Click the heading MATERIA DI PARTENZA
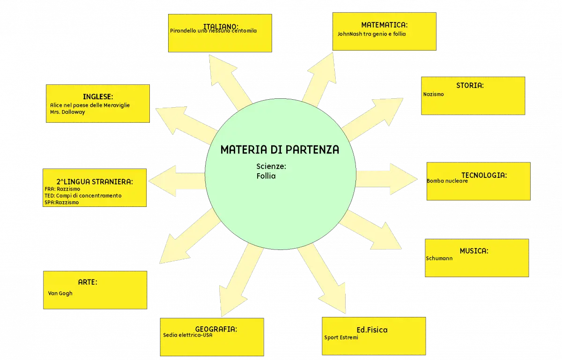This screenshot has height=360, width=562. [280, 150]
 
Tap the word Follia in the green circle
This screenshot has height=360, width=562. [266, 176]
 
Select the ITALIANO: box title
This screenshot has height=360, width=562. [221, 26]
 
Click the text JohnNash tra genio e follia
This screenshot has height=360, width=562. [371, 34]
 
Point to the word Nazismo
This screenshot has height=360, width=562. [434, 94]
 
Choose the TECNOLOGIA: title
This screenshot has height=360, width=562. [484, 175]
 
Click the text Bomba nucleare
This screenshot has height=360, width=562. [447, 181]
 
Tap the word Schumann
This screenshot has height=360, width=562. [439, 258]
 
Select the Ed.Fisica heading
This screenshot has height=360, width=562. [372, 330]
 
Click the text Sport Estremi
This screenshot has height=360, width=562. [341, 338]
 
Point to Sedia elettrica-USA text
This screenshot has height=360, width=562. [188, 335]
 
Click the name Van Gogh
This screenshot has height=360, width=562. [60, 294]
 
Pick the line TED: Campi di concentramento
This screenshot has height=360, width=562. [83, 196]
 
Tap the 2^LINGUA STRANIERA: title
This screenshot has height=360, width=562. [95, 182]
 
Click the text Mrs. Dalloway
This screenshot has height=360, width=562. [67, 112]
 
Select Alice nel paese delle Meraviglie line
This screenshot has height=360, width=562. [90, 105]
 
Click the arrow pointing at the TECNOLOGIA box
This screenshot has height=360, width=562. [386, 179]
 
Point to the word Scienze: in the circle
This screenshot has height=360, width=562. [271, 166]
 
